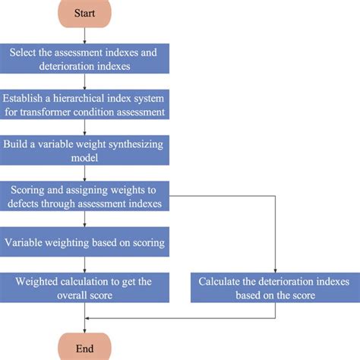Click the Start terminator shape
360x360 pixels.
coord(85,14)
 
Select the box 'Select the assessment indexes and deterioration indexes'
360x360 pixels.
coord(85,58)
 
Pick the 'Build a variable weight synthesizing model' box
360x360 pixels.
coord(85,150)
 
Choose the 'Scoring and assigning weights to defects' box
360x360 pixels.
coord(85,196)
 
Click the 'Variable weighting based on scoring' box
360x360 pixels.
coord(85,243)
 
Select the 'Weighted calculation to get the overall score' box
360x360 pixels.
coord(85,288)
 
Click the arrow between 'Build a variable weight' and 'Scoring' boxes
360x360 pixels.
coord(85,173)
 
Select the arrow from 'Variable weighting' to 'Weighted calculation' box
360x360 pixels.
coord(85,265)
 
